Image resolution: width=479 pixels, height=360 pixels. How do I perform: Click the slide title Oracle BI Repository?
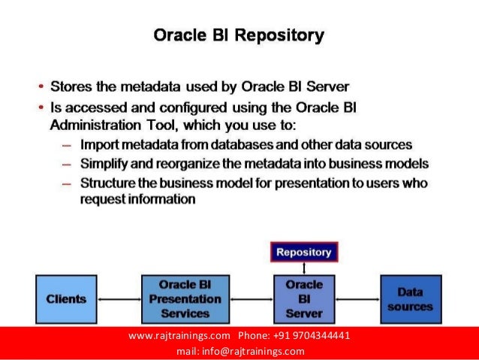coord(239,35)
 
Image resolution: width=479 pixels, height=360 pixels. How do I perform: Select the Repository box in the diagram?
coord(303,253)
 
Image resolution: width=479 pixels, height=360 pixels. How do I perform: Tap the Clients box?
coord(66,299)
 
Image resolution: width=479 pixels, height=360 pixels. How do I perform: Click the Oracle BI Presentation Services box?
coord(185,299)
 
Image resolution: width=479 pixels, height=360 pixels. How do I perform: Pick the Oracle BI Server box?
coord(304,299)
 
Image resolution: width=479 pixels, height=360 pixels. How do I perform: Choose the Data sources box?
coord(411,299)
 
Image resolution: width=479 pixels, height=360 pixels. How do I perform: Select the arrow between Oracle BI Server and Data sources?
coord(357,299)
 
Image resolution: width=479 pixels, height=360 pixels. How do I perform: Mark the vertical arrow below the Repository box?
coord(303,268)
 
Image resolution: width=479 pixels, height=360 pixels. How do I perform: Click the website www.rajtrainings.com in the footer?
coord(179,335)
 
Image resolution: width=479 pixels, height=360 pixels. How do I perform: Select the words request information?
coord(137,200)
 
